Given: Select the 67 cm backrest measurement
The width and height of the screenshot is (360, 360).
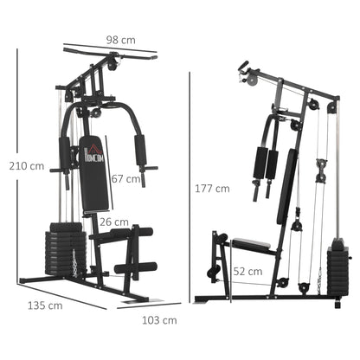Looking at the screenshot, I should pos(127,178).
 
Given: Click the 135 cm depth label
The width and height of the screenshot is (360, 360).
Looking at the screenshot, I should pos(45,305).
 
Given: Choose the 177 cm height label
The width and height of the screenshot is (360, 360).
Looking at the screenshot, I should pos(211,188).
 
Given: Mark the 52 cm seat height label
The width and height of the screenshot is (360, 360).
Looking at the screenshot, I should pos(250,271).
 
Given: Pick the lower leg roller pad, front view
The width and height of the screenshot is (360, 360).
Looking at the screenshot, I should pos(136,268).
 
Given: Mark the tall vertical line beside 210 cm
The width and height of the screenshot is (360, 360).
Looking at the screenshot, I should pos(18,164).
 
